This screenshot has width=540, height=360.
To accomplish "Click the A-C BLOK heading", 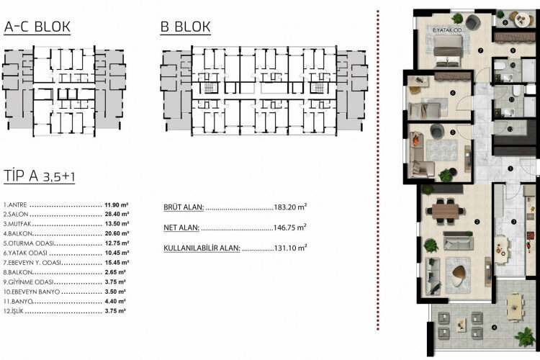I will pos(37,27).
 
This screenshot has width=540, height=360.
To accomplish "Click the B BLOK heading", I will pos(186,27).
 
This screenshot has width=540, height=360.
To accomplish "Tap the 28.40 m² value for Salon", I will pos(114,215).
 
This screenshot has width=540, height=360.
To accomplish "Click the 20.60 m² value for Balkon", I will pos(114,234).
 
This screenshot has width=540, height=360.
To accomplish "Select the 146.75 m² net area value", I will pos(290,227).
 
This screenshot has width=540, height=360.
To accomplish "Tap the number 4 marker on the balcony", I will pos(494,329).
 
